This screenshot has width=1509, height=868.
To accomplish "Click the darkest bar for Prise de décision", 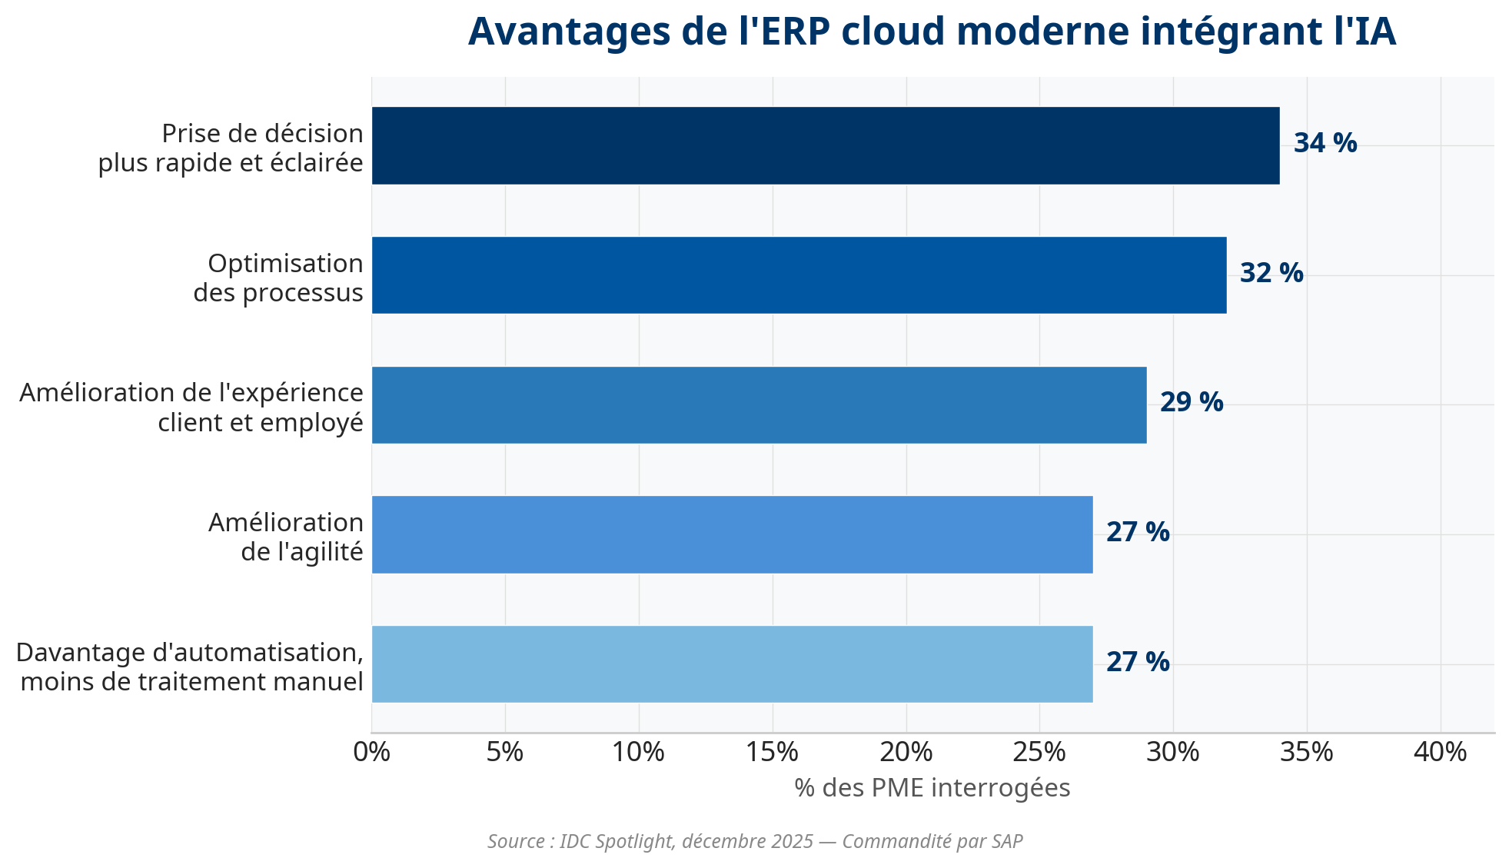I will [x=825, y=145].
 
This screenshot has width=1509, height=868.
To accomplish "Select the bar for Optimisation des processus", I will [x=799, y=275].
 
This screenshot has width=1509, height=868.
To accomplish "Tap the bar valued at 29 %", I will [x=759, y=405].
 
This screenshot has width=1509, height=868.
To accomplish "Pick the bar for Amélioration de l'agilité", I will [x=732, y=534].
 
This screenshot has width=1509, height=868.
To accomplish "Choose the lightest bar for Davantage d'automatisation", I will [x=732, y=664].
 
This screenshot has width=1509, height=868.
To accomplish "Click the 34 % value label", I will [x=1325, y=143].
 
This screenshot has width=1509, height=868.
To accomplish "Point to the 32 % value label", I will [x=1271, y=273].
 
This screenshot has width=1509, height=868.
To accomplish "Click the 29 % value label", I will [x=1191, y=402].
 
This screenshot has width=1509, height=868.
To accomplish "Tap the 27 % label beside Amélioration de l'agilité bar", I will [x=1137, y=532].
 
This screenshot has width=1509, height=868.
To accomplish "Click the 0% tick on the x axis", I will [x=371, y=752].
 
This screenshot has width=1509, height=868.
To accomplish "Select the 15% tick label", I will [x=772, y=752].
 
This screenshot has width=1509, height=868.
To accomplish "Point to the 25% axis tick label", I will [x=1039, y=752].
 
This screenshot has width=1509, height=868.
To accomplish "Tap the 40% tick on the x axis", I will [x=1440, y=752].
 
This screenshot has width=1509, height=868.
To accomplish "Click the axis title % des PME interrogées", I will [x=932, y=788].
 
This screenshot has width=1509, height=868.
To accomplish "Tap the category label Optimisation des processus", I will [x=278, y=278].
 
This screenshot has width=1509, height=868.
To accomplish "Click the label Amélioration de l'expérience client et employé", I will [x=191, y=407].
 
